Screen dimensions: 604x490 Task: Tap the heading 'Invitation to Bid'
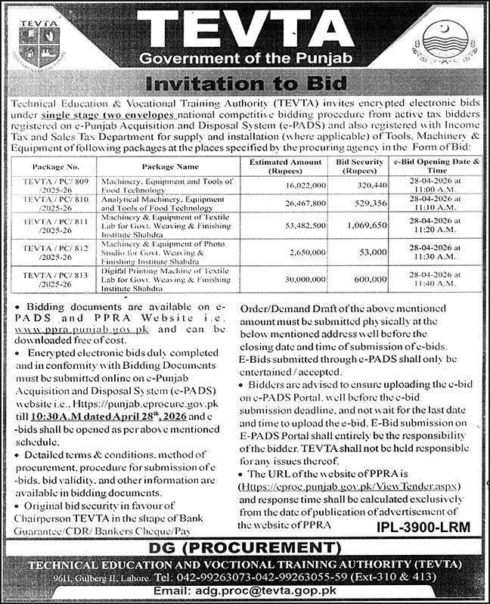tap(246, 83)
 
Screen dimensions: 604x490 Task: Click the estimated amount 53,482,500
tap(284, 225)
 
